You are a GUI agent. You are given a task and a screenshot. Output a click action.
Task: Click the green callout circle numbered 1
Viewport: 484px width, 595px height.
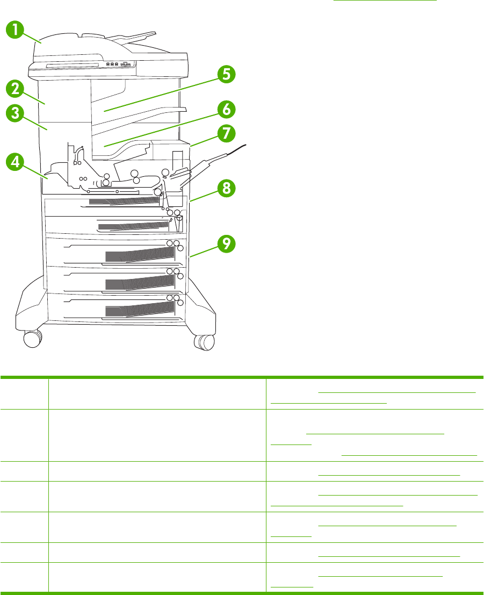pyautogui.click(x=17, y=30)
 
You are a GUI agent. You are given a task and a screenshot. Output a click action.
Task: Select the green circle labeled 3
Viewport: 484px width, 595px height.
pyautogui.click(x=17, y=114)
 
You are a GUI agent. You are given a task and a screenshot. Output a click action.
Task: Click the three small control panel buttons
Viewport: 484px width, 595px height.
pyautogui.click(x=112, y=64)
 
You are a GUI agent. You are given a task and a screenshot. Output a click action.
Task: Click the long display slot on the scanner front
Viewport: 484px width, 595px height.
pyautogui.click(x=72, y=65)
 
